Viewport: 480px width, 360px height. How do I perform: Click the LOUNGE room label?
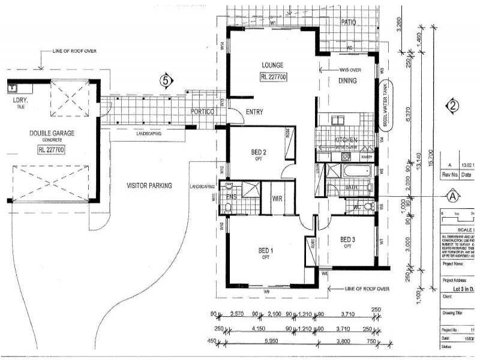[x=272, y=65]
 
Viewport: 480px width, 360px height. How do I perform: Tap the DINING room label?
[x=347, y=81]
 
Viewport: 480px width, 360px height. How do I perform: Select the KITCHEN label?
[x=346, y=140]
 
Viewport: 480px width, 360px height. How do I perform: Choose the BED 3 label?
[x=347, y=239]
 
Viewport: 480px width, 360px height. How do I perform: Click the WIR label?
[x=277, y=199]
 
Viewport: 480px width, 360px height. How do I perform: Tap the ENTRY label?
[x=254, y=112]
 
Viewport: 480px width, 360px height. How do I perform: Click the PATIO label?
[x=349, y=22]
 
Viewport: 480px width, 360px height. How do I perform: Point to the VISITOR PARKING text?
[x=149, y=186]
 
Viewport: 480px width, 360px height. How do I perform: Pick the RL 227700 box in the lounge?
[x=273, y=77]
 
